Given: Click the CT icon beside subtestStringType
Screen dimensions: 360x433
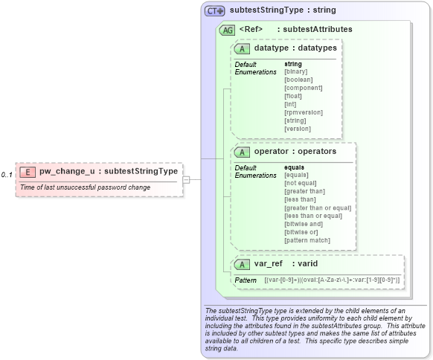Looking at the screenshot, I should point(215,11).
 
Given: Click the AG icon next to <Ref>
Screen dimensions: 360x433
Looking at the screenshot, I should point(227,30).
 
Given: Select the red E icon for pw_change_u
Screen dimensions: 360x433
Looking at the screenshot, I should point(27,171).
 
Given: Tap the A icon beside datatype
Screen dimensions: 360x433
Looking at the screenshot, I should point(242,48).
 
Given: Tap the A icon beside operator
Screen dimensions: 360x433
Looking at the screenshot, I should point(242,152).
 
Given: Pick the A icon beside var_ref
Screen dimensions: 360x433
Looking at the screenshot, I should point(242,264).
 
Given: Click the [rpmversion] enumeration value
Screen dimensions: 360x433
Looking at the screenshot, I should point(304,112).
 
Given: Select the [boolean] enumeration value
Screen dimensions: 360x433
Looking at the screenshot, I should point(298,80).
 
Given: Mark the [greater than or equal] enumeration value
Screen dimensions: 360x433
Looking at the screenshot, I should point(318,208).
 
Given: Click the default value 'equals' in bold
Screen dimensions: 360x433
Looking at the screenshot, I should point(295,167).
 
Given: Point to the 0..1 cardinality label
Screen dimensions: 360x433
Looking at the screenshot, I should point(7,175).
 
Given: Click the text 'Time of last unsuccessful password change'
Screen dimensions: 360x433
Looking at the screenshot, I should point(85,187).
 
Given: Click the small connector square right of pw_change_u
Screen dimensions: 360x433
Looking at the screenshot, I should point(186,179).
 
